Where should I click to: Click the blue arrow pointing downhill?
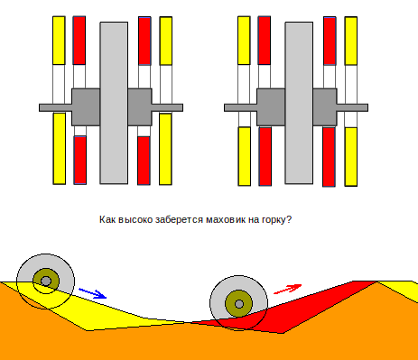point(93,293)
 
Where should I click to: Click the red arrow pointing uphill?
point(287,289)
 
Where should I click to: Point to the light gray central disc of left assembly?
point(114,103)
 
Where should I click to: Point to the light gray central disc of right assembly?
point(299,103)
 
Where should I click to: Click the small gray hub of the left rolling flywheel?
point(46,282)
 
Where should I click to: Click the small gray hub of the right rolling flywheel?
point(239,304)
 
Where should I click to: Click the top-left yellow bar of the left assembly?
point(59,41)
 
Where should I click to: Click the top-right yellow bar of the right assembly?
point(351,41)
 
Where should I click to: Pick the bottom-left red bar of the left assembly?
point(80,160)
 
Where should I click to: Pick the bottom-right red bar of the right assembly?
point(329,157)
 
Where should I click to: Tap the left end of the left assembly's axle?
point(40,107)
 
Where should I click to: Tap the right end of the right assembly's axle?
point(367,107)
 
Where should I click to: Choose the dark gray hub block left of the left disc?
point(86,107)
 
